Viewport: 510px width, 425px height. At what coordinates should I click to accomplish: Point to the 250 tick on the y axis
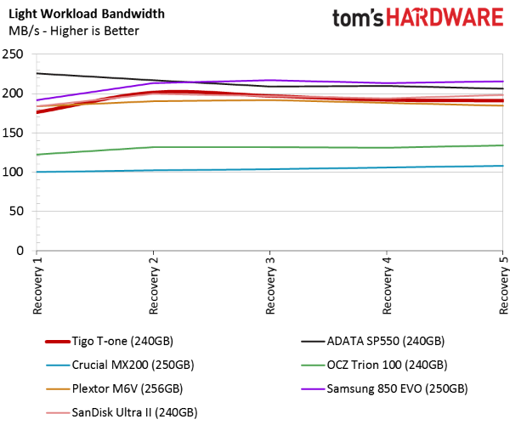pos(14,54)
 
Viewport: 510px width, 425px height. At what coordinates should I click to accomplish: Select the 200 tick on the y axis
pos(14,93)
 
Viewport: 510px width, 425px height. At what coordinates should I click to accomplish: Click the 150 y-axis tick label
pos(14,133)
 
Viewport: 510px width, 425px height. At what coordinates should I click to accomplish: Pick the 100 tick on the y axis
pos(14,172)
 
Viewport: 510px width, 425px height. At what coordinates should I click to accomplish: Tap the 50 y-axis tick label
pos(17,212)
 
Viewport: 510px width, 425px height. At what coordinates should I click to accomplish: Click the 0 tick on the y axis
pos(20,251)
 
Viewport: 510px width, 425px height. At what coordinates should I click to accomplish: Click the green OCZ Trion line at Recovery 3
pos(270,147)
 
